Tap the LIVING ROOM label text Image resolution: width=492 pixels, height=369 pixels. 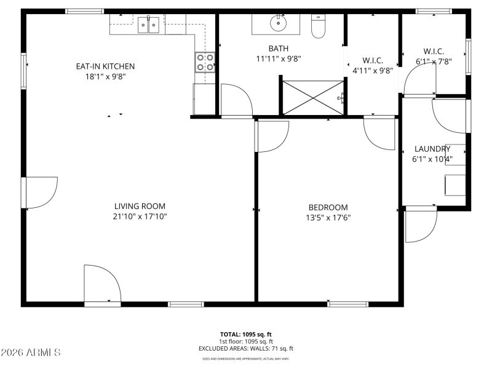point(140,207)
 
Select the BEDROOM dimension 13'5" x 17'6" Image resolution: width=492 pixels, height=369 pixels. point(328,218)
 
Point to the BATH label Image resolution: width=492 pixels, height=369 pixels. point(278,49)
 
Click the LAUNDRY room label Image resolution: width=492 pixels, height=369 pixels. point(432,149)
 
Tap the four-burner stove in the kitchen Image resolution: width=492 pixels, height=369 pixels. point(205,62)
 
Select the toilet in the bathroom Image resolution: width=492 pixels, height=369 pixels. point(318,28)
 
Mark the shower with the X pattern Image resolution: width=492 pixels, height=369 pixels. point(312,97)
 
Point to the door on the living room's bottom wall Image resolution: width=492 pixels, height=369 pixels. point(102,284)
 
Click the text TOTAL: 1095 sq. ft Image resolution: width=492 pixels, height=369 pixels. point(246,334)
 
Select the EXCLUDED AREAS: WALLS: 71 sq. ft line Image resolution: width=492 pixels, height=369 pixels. point(246,349)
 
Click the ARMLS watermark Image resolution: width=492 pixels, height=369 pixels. point(31,352)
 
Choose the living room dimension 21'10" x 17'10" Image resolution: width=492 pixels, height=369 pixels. point(140,216)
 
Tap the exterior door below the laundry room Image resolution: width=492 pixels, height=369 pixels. point(421,225)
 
